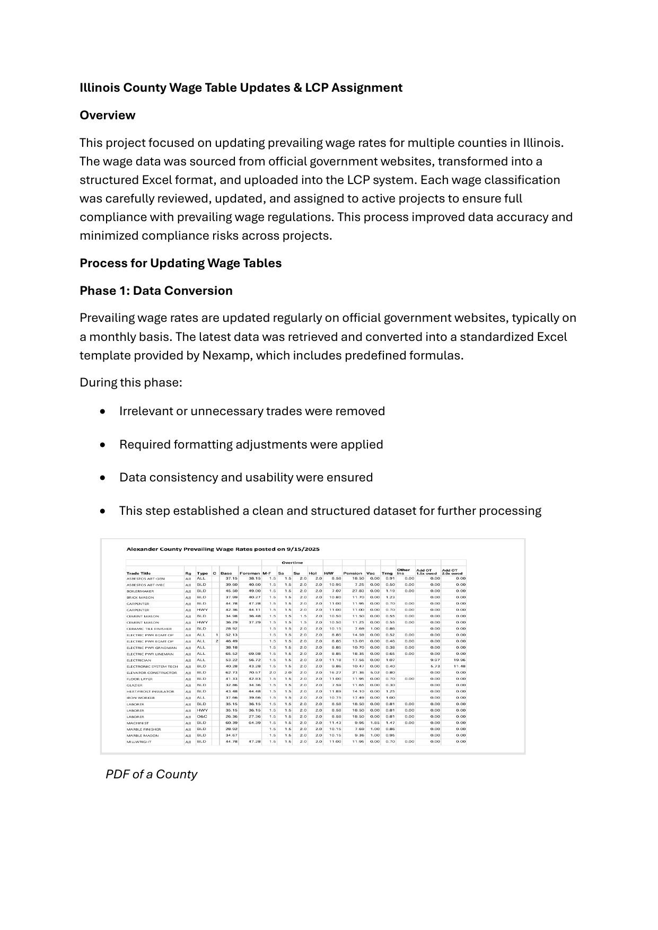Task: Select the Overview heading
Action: click(x=107, y=115)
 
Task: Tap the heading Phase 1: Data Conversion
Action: click(x=156, y=291)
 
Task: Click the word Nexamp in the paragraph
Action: click(x=226, y=355)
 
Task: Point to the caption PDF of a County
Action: click(x=151, y=774)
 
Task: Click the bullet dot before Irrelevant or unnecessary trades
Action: click(x=102, y=411)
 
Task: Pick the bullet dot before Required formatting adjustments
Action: click(x=102, y=445)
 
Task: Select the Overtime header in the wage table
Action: click(x=292, y=563)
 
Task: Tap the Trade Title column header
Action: click(x=138, y=573)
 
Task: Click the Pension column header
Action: click(x=353, y=573)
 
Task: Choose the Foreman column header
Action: click(x=250, y=573)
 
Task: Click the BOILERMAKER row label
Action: click(x=140, y=591)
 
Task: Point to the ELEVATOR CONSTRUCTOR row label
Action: click(x=152, y=673)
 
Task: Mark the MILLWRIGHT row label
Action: click(x=139, y=742)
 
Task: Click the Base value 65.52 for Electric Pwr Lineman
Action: click(x=232, y=654)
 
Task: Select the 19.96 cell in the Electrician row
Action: click(x=459, y=660)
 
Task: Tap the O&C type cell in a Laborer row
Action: click(x=201, y=716)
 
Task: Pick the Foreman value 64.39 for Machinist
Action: click(x=255, y=723)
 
